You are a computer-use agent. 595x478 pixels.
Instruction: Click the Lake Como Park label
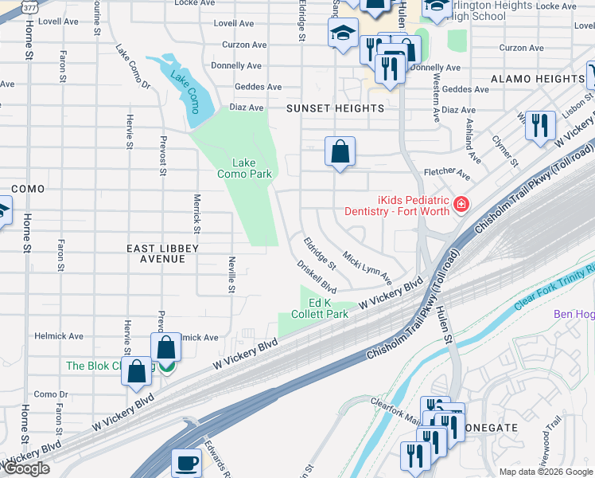[245, 168]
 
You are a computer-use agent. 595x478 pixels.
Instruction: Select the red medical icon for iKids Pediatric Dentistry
[460, 206]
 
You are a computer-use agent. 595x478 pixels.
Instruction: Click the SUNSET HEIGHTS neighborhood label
[336, 108]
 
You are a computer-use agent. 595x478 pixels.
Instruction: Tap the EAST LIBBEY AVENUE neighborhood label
[162, 254]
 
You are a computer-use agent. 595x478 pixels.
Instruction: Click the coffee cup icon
[188, 462]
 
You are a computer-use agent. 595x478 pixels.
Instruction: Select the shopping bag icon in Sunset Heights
[340, 151]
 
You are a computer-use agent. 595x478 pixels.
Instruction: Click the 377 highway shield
[29, 6]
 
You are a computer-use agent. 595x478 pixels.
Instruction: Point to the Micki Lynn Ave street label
[367, 268]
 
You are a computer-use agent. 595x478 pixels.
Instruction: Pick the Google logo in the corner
[26, 468]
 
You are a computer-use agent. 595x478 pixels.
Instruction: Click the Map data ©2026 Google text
[546, 472]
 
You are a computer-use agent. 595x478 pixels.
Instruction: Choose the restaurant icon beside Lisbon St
[540, 125]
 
